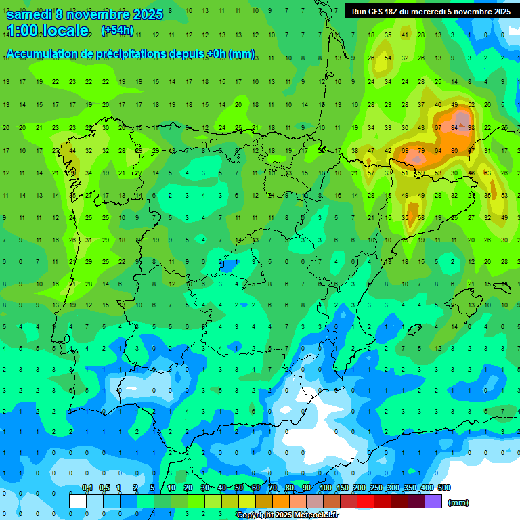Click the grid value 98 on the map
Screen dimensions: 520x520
[x=471, y=127]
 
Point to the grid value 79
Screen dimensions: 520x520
[x=421, y=150]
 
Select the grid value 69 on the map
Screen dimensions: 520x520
[x=405, y=150]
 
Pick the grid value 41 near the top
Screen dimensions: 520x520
[x=405, y=35]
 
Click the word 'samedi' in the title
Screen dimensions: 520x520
[x=29, y=14]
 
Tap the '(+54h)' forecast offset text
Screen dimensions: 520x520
[x=117, y=30]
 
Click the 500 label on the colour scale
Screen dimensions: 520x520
[x=444, y=487]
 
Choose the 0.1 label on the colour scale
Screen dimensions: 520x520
[x=87, y=487]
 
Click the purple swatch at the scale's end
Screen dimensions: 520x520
[x=433, y=501]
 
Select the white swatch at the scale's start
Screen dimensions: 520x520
[x=78, y=501]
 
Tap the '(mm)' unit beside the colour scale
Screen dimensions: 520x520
[x=458, y=502]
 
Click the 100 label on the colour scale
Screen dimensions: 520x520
[x=326, y=487]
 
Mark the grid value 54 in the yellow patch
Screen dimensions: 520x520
[x=388, y=58]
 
